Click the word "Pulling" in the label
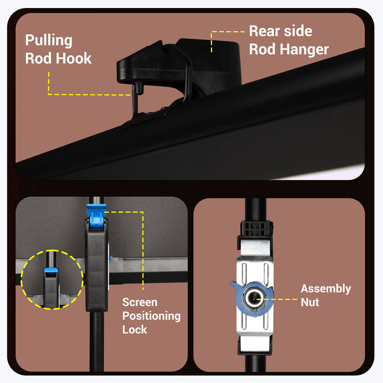[x=49, y=41]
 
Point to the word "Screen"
[x=140, y=302]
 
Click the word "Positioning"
[x=151, y=316]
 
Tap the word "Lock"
[x=134, y=329]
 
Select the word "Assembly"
[x=326, y=288]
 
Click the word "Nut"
[x=310, y=302]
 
